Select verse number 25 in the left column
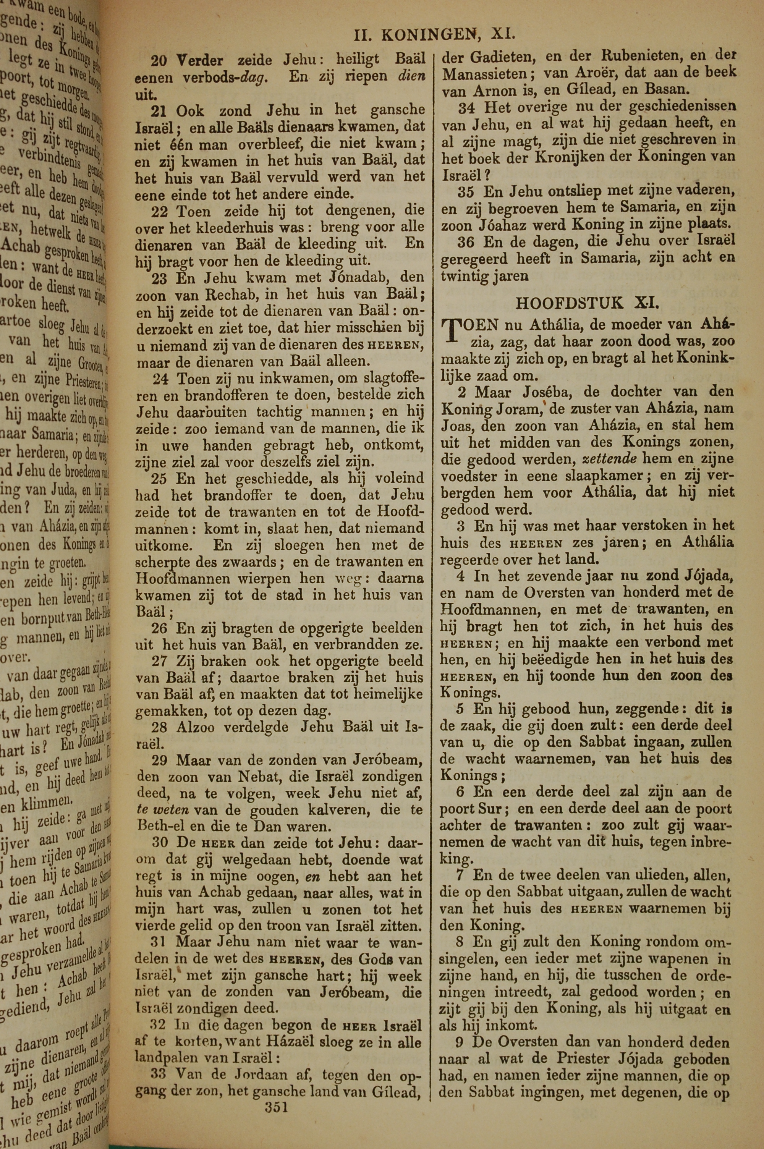tap(159, 479)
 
